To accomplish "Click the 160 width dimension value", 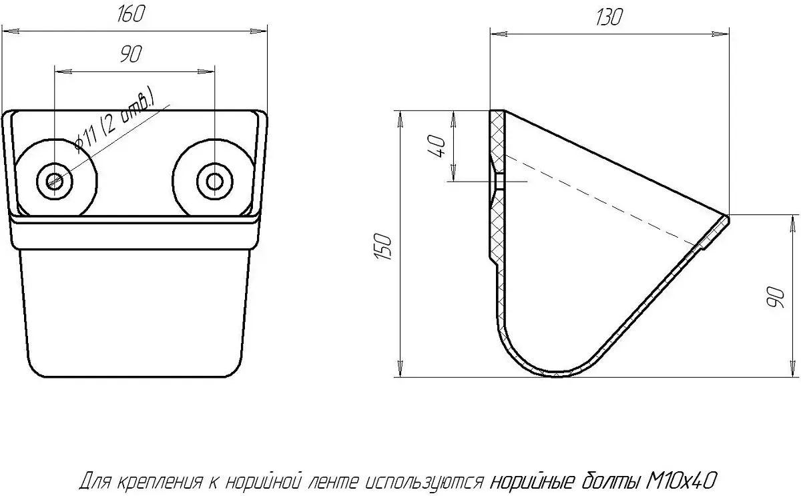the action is (131, 14).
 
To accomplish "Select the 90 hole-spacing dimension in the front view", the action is (131, 53).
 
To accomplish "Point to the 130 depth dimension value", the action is (609, 17).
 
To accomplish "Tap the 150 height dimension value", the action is (383, 246).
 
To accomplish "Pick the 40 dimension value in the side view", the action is (437, 146).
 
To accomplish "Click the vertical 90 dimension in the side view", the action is (775, 297).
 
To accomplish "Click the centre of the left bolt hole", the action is (55, 181).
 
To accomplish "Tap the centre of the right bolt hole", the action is (214, 182).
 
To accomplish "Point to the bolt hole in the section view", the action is (499, 182).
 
